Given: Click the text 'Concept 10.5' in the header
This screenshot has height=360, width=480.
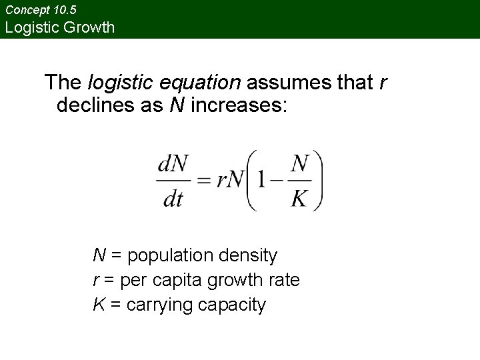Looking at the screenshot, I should [x=41, y=11].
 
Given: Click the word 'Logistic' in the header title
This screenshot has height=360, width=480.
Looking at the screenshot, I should [x=31, y=28].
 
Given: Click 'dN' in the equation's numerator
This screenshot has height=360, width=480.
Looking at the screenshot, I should [x=173, y=164].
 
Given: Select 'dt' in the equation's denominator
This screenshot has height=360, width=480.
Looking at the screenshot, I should [x=173, y=199].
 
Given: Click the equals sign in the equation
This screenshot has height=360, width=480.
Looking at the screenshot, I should [x=205, y=181].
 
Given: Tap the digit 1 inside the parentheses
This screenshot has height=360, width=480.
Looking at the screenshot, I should [x=261, y=181].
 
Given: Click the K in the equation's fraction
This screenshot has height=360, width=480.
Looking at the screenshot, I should [x=300, y=199].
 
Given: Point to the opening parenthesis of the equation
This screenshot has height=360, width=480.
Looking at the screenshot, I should [x=251, y=180].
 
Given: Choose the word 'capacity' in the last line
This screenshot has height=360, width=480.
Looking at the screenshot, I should [x=230, y=305].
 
